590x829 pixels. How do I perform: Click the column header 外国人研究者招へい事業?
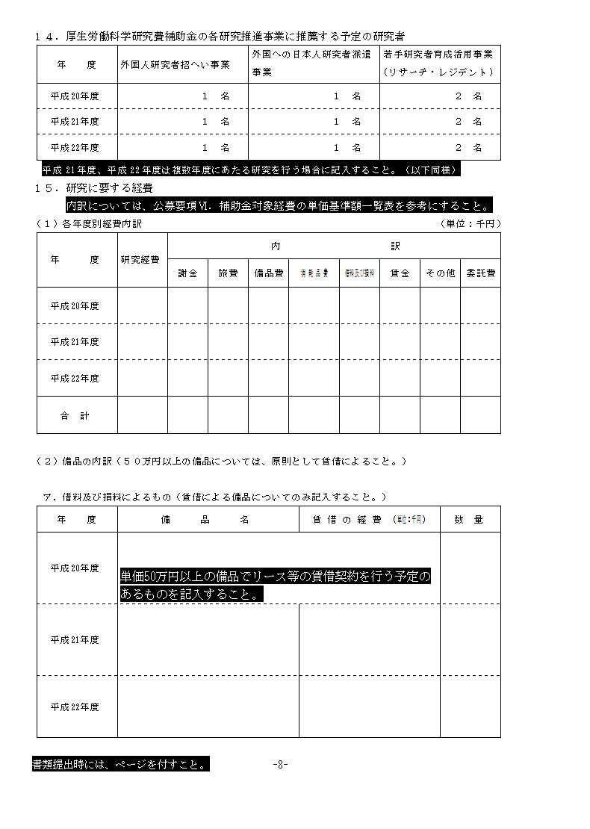point(176,65)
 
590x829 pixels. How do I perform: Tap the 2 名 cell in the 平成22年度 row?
point(468,147)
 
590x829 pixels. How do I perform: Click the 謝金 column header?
point(187,273)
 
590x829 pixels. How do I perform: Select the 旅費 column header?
point(228,273)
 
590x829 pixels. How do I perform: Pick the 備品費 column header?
point(268,273)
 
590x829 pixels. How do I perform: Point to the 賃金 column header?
point(400,273)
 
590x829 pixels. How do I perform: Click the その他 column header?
point(440,273)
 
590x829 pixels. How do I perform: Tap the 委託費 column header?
point(480,273)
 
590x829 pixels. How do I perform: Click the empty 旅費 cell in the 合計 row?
point(228,415)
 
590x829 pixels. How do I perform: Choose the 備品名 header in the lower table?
point(205,519)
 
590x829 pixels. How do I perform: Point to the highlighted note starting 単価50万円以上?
point(275,586)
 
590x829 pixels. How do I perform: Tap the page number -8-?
point(280,764)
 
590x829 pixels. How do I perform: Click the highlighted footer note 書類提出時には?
point(119,764)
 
